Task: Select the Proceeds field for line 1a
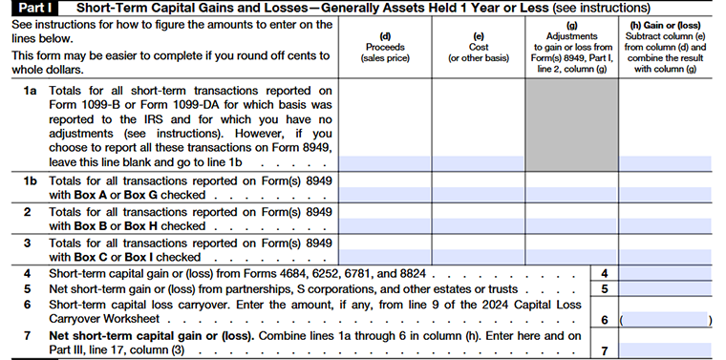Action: (384, 162)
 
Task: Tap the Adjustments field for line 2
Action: (570, 226)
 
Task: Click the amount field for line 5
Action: (669, 288)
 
